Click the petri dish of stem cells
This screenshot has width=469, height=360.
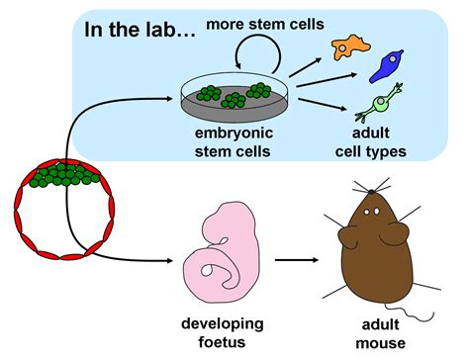tap(234, 98)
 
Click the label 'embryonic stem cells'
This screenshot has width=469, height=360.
tap(234, 142)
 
